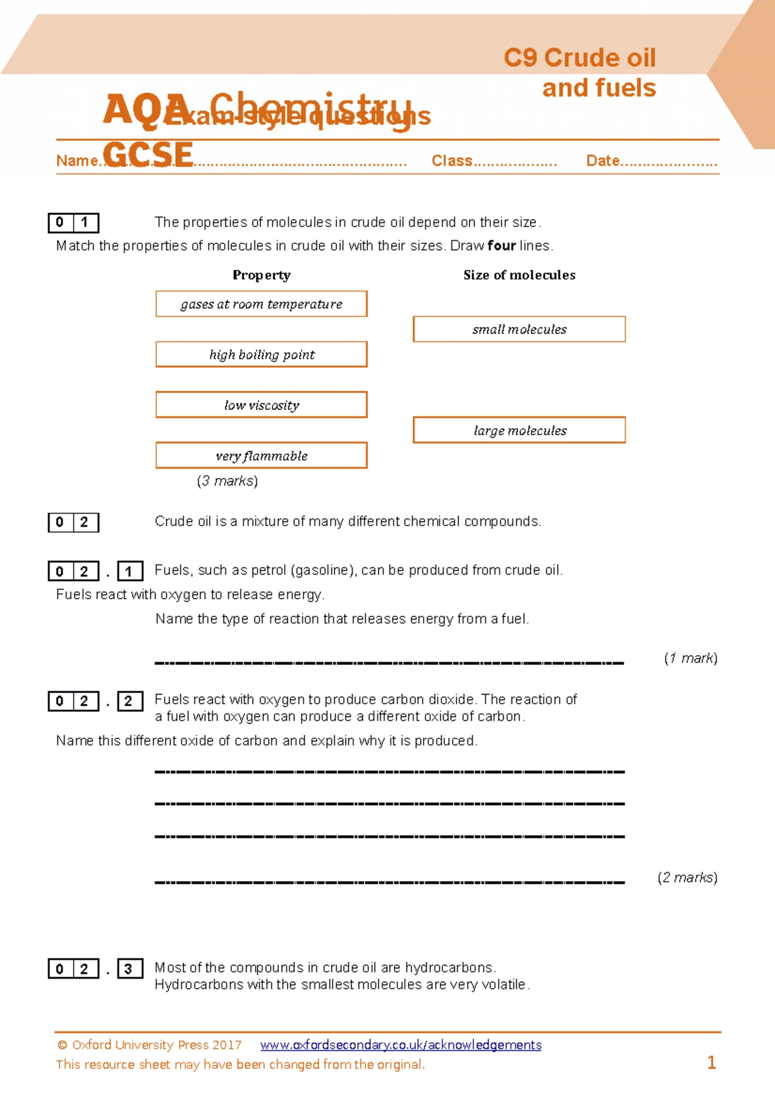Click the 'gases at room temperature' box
pyautogui.click(x=261, y=304)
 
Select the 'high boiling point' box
pyautogui.click(x=261, y=354)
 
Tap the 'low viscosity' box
pyautogui.click(x=261, y=405)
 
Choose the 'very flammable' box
pyautogui.click(x=261, y=456)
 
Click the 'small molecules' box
pyautogui.click(x=519, y=329)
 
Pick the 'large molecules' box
pyautogui.click(x=519, y=431)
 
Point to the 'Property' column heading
pyautogui.click(x=262, y=275)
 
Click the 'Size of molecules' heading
pyautogui.click(x=519, y=275)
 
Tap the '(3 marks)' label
pyautogui.click(x=227, y=481)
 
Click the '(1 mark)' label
pyautogui.click(x=690, y=658)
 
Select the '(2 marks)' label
pyautogui.click(x=687, y=877)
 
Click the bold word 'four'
pyautogui.click(x=502, y=245)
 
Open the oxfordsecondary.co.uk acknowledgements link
pyautogui.click(x=400, y=1045)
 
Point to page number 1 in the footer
pyautogui.click(x=712, y=1062)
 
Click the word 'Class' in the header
pyautogui.click(x=452, y=161)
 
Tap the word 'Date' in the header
pyautogui.click(x=603, y=161)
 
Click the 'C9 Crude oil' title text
pyautogui.click(x=579, y=58)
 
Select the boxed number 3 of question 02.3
pyautogui.click(x=129, y=969)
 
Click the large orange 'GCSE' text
pyautogui.click(x=148, y=155)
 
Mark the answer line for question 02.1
pyautogui.click(x=389, y=662)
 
